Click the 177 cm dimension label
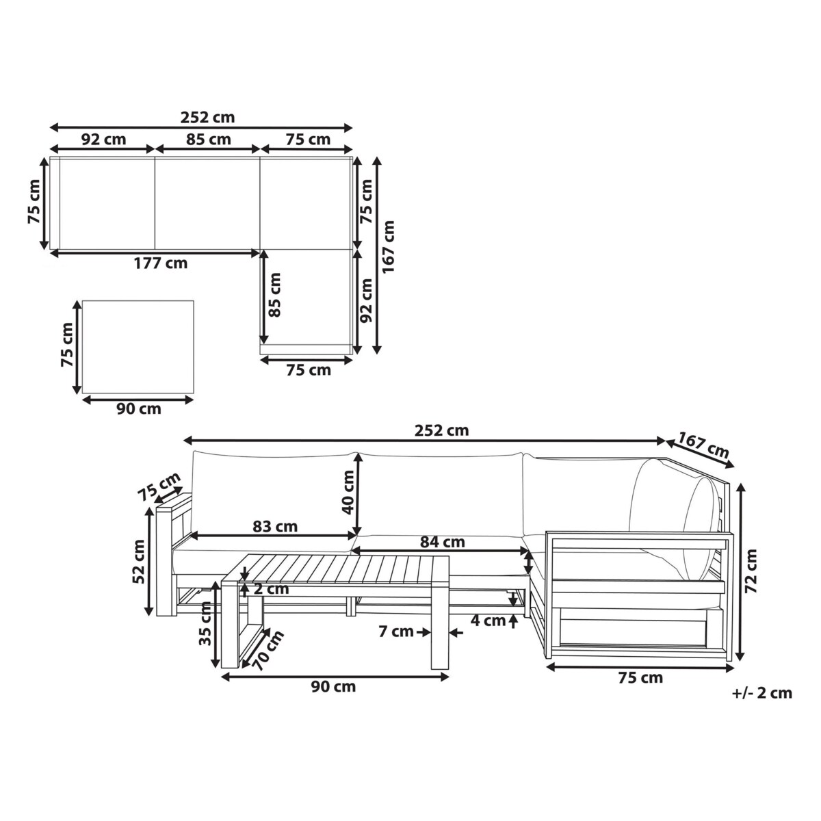click(161, 263)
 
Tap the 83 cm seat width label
click(275, 527)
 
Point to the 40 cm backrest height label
click(348, 492)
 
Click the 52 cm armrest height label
click(139, 562)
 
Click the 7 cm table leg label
click(396, 631)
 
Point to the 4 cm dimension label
click(488, 621)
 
